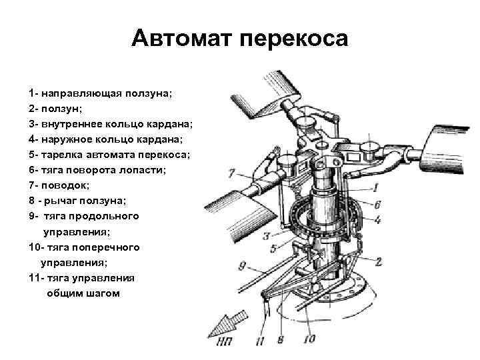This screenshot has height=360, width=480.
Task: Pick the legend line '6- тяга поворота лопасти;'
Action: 97,169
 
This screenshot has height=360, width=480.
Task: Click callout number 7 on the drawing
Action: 231,174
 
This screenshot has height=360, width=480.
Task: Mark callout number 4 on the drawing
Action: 377,219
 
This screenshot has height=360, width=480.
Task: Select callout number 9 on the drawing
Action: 243,266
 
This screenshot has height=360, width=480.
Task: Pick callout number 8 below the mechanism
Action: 281,340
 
